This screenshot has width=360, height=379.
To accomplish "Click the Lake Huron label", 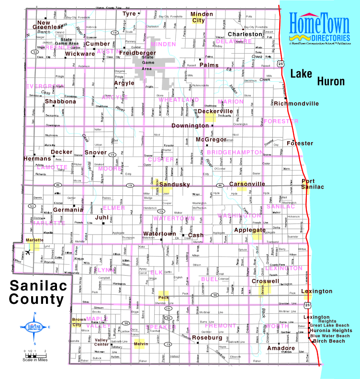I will click(x=317, y=77).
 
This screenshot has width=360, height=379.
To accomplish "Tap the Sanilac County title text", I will click(x=37, y=293).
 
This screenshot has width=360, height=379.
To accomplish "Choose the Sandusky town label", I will click(x=174, y=184).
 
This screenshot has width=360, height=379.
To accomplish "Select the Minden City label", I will click(x=202, y=17).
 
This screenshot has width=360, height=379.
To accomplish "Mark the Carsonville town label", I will click(x=247, y=184).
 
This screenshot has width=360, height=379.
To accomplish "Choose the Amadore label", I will click(x=281, y=348).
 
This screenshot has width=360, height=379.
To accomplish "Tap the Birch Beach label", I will click(x=328, y=341).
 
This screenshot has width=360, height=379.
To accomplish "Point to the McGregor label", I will click(x=211, y=139).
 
